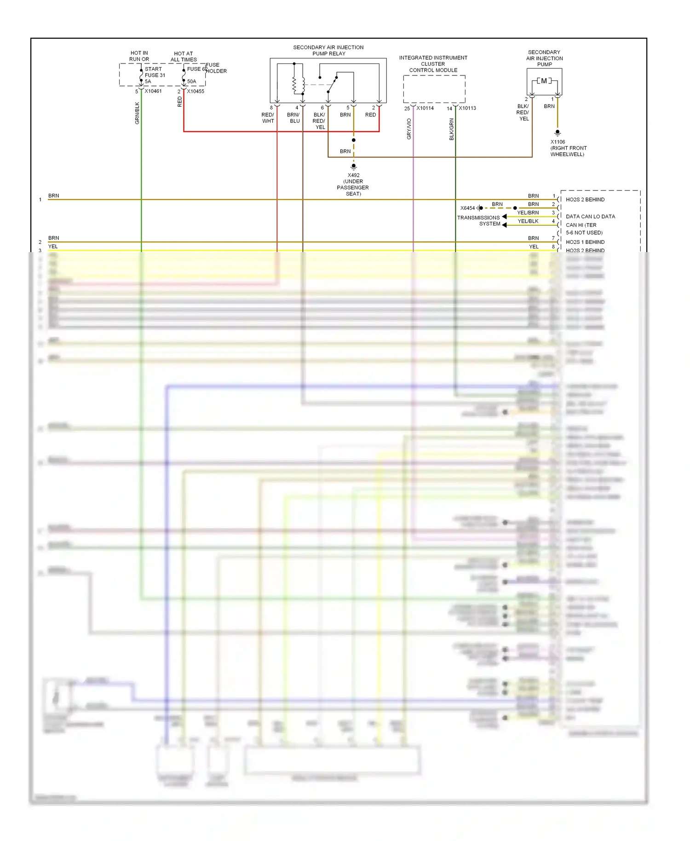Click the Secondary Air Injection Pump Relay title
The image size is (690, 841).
pyautogui.click(x=328, y=51)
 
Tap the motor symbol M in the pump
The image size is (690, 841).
pyautogui.click(x=544, y=81)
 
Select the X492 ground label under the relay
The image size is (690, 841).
pyautogui.click(x=353, y=184)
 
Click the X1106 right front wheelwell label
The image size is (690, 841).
pyautogui.click(x=568, y=148)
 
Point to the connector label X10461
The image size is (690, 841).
pyautogui.click(x=153, y=91)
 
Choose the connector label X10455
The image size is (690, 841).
pyautogui.click(x=195, y=91)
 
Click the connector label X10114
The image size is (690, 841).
pyautogui.click(x=425, y=108)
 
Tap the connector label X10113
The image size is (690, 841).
pyautogui.click(x=467, y=108)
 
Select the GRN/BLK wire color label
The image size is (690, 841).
pyautogui.click(x=137, y=113)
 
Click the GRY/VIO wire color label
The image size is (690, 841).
pyautogui.click(x=409, y=129)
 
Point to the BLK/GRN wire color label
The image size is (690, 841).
pyautogui.click(x=451, y=129)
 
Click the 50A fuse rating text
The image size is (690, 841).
pyautogui.click(x=191, y=81)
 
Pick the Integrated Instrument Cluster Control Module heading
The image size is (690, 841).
pyautogui.click(x=433, y=64)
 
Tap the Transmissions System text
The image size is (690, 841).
pyautogui.click(x=478, y=220)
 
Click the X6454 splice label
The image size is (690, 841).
pyautogui.click(x=467, y=208)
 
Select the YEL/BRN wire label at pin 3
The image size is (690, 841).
pyautogui.click(x=528, y=213)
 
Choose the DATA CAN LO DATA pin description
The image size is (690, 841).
pyautogui.click(x=590, y=216)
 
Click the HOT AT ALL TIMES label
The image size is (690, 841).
pyautogui.click(x=184, y=57)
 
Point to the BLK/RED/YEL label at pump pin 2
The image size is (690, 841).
pyautogui.click(x=523, y=112)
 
